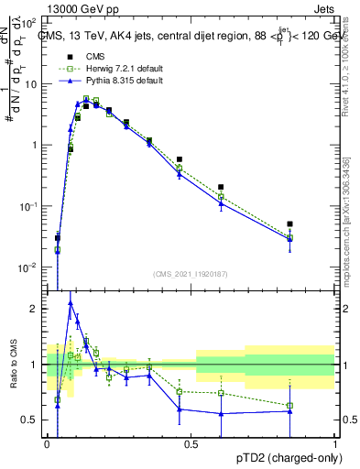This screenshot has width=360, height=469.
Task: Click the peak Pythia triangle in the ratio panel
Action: pyautogui.click(x=71, y=302)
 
